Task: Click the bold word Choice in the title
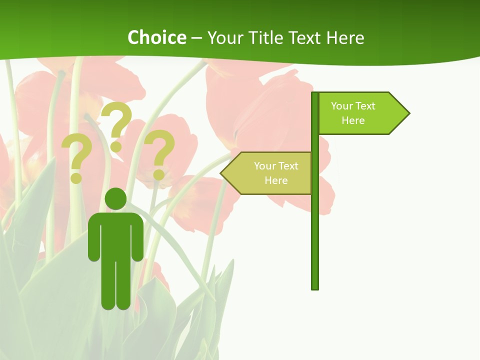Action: tap(156, 37)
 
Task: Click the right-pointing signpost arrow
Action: tap(363, 113)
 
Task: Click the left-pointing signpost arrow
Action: tap(267, 173)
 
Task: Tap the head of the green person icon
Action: tap(115, 198)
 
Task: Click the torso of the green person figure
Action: tap(115, 235)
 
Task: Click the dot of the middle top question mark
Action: tap(116, 147)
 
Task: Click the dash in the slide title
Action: tap(196, 38)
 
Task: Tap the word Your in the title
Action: tap(225, 37)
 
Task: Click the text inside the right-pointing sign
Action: tap(353, 113)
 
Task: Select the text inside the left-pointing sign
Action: tap(276, 173)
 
